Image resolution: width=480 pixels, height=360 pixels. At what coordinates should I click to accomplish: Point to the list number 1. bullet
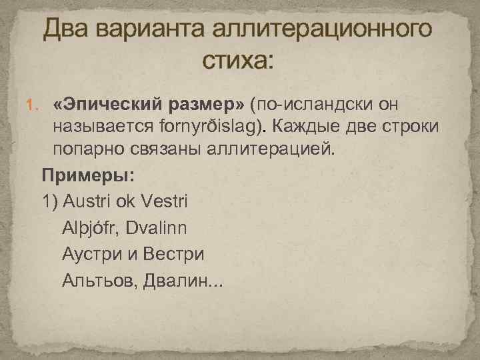[32, 105]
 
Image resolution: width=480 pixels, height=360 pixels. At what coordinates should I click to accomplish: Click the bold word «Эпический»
[103, 105]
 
